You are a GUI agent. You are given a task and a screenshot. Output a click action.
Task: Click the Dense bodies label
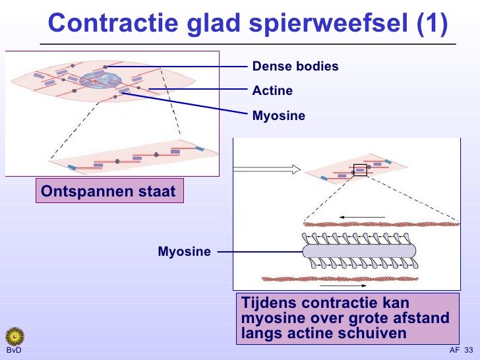click(295, 67)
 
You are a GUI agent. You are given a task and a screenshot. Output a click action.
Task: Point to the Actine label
click(272, 91)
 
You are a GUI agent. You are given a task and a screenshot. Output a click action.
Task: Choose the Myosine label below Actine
click(279, 116)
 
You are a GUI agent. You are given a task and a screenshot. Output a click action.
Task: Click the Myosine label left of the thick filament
click(184, 251)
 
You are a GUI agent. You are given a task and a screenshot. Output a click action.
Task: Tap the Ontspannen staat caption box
click(109, 192)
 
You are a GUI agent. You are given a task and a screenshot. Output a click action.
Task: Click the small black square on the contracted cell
click(359, 169)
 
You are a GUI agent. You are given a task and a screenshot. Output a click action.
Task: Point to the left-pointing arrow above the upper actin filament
click(363, 217)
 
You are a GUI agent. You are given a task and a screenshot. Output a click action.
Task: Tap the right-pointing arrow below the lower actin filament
click(344, 286)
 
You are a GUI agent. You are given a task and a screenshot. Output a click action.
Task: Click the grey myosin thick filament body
click(359, 251)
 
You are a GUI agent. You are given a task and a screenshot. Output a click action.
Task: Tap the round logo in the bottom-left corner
click(14, 336)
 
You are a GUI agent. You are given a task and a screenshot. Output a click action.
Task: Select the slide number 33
click(469, 350)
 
